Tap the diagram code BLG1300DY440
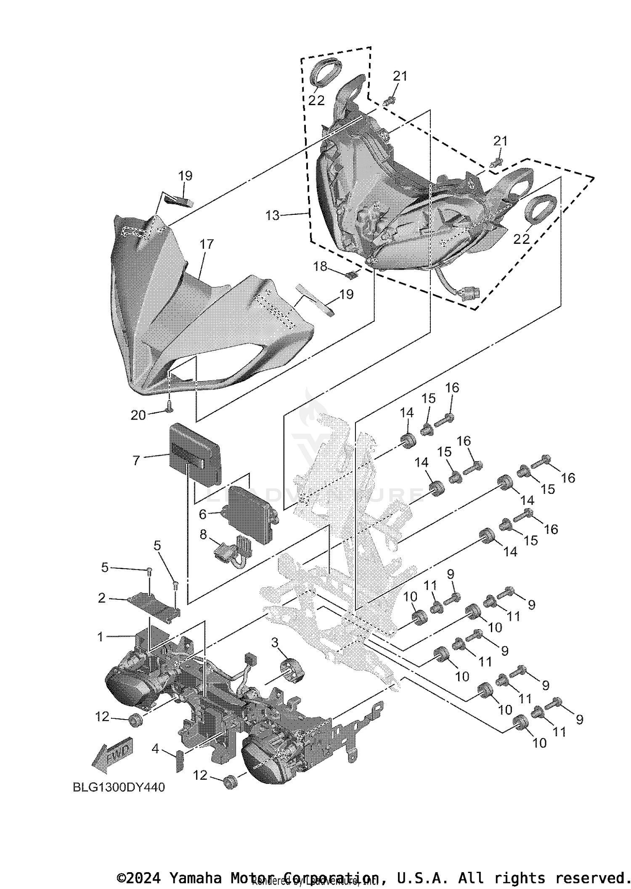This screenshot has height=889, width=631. click(x=119, y=787)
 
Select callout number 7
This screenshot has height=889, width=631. click(x=136, y=460)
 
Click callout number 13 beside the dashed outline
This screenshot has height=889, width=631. click(x=272, y=216)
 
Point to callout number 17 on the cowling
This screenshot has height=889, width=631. click(x=207, y=244)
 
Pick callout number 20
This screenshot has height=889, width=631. click(x=138, y=415)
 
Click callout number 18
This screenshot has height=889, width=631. click(x=320, y=266)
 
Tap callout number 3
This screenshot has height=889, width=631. click(x=275, y=642)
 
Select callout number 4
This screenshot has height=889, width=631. click(x=156, y=748)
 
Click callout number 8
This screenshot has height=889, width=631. click(x=203, y=535)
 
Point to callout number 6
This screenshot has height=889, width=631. click(x=203, y=514)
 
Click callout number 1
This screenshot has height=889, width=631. click(x=100, y=637)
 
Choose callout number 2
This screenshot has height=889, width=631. click(x=102, y=598)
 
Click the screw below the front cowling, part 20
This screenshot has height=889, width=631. click(x=170, y=406)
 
